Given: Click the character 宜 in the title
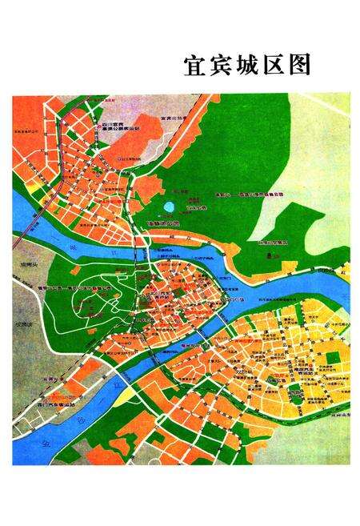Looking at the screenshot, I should click(195, 65).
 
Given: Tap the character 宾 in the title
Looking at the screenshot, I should click(223, 65).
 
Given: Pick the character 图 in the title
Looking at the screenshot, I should click(305, 65).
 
